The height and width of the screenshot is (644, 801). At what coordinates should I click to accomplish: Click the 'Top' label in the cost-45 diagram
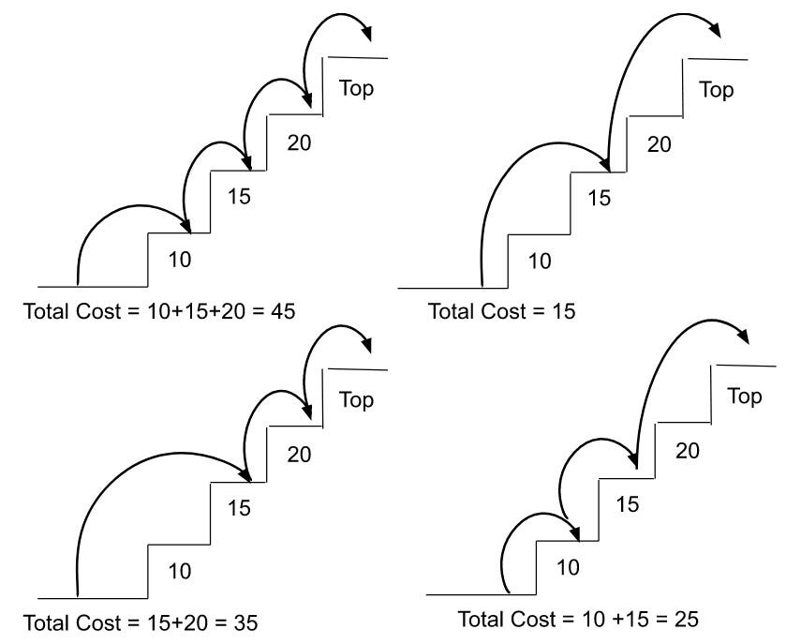(x=356, y=89)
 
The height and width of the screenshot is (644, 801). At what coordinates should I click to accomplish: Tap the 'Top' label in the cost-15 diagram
(x=717, y=90)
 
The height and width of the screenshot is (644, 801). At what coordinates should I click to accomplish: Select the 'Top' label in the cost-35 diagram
(x=356, y=400)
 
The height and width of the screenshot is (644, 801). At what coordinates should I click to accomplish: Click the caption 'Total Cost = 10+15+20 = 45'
(x=158, y=310)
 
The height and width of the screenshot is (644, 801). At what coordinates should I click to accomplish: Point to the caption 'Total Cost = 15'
(x=502, y=310)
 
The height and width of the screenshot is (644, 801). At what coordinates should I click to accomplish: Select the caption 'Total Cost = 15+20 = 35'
(x=140, y=622)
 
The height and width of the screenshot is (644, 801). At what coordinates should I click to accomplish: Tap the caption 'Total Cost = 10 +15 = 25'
(x=579, y=619)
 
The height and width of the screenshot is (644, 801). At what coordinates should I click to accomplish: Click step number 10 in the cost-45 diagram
(x=179, y=260)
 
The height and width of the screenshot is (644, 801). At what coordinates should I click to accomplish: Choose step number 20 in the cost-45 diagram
(x=299, y=142)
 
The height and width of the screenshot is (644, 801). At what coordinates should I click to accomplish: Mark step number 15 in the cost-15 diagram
(x=599, y=198)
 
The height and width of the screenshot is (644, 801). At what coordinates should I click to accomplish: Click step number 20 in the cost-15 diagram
(x=660, y=144)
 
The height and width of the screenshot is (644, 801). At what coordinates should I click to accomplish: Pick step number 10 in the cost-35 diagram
(x=179, y=569)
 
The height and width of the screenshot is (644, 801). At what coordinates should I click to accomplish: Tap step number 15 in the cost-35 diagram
(x=240, y=508)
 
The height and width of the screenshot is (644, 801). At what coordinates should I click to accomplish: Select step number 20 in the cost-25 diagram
(x=687, y=451)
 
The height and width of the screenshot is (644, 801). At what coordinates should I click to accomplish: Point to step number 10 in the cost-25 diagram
(x=568, y=566)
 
